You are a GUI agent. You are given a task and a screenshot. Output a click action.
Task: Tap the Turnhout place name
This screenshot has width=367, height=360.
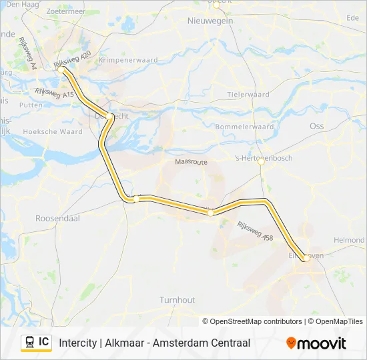point(177,300)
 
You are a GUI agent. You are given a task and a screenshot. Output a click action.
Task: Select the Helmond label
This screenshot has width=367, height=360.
point(349,240)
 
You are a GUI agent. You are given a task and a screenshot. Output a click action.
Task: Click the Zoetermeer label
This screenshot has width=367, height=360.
point(65,12)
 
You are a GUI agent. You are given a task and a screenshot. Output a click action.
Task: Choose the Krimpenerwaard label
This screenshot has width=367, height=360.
point(127,60)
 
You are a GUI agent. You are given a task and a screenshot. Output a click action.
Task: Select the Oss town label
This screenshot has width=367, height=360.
point(316,125)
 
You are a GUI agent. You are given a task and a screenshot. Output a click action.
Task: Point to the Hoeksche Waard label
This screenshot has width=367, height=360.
point(53,132)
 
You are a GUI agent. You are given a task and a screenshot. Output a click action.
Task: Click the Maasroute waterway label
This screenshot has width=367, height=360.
point(191,162)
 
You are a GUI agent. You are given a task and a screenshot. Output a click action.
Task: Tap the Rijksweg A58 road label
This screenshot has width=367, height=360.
point(255,231)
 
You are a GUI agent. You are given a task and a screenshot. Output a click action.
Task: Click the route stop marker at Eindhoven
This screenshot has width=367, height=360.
point(305,257)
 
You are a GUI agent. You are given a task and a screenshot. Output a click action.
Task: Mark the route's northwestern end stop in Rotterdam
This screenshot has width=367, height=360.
point(61,69)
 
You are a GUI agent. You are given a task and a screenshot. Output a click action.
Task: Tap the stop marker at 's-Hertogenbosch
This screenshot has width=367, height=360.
point(262,169)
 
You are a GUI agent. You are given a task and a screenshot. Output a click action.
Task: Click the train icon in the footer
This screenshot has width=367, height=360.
point(29,343)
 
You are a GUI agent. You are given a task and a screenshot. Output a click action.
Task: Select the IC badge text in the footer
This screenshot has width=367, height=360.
point(43,342)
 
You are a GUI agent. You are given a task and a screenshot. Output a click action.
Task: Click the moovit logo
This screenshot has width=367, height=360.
point(316,343)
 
